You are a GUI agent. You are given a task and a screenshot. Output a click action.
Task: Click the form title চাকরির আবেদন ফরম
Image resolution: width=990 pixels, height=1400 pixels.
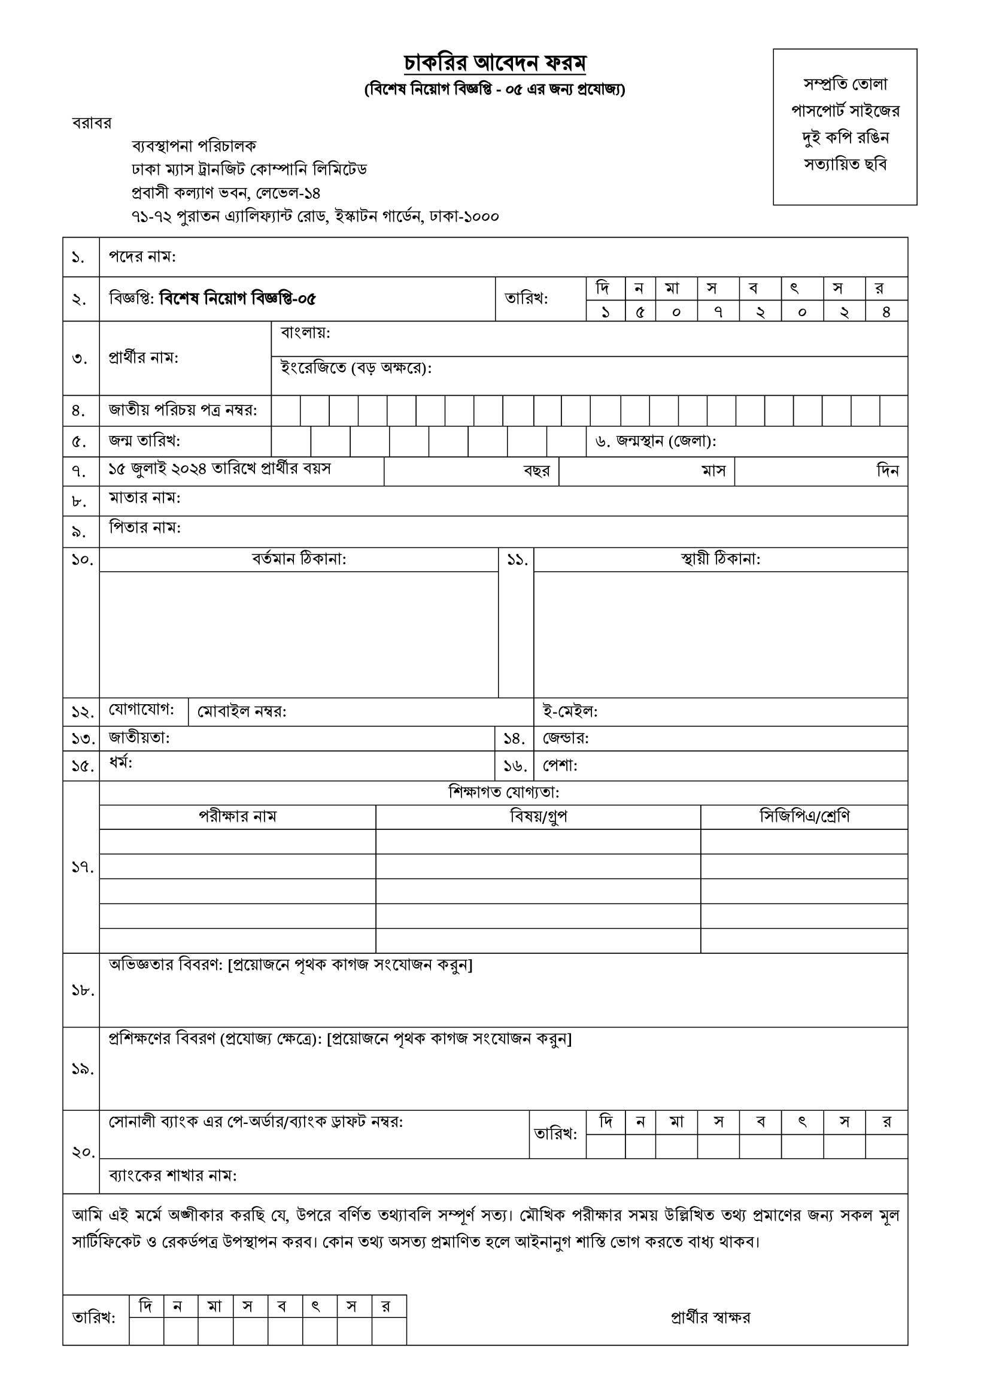coord(494,63)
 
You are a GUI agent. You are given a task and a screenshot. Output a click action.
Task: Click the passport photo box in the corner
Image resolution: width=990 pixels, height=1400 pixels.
coord(845,127)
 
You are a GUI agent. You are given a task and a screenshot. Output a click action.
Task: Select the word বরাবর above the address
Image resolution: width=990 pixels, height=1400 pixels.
coord(92,123)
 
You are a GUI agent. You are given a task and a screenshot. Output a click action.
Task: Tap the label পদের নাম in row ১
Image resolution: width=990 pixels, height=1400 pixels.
coord(142,257)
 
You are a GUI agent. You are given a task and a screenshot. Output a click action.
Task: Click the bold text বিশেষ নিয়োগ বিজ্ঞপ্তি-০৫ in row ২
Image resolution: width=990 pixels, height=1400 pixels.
coord(237,299)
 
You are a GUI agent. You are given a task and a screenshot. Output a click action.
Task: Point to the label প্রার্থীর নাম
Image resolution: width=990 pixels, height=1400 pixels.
coord(143,358)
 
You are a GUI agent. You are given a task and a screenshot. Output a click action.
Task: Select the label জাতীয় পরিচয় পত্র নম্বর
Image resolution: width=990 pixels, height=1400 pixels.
coord(183,410)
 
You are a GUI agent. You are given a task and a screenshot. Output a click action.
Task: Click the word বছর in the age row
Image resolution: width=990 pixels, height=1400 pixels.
coord(536,471)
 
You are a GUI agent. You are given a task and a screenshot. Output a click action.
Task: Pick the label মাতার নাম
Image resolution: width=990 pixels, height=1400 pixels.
coord(144,498)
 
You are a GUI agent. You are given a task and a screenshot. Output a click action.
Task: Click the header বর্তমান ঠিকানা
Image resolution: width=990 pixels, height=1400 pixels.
coord(299,559)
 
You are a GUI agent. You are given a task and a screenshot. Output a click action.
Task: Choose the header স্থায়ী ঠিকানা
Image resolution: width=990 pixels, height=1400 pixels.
coord(720,559)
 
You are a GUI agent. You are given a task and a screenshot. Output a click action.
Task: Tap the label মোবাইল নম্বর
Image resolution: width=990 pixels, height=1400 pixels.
coord(241,711)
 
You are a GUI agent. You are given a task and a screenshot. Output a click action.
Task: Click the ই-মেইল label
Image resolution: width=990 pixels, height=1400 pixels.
coord(570,711)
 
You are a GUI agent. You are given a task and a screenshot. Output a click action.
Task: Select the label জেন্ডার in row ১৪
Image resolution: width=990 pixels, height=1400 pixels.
coord(566,738)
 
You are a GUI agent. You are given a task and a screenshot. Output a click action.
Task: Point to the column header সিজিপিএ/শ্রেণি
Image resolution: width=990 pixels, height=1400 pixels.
coord(804,816)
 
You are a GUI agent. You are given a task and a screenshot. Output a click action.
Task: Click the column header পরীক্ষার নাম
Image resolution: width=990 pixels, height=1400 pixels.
coord(238,816)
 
